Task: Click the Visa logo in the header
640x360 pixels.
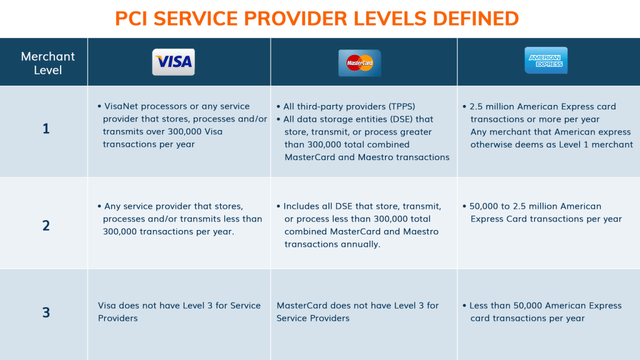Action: (x=174, y=62)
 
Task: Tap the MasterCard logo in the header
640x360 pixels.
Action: (x=359, y=63)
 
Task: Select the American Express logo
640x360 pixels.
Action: (x=546, y=61)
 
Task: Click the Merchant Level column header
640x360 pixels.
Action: (x=47, y=63)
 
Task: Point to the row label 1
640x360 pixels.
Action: (x=46, y=129)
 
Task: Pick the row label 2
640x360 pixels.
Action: (x=46, y=225)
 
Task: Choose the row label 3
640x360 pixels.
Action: (x=46, y=312)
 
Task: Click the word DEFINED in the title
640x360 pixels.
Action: (x=476, y=19)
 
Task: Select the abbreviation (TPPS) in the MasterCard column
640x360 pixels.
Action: (x=402, y=106)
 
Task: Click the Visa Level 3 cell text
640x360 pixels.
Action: (x=179, y=312)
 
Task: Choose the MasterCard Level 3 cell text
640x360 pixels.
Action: (x=357, y=312)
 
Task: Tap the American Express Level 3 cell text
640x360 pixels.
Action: (x=542, y=312)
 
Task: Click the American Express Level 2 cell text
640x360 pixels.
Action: (x=542, y=212)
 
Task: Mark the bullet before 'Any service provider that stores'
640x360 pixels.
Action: (x=99, y=206)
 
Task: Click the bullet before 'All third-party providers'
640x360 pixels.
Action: (x=278, y=107)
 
